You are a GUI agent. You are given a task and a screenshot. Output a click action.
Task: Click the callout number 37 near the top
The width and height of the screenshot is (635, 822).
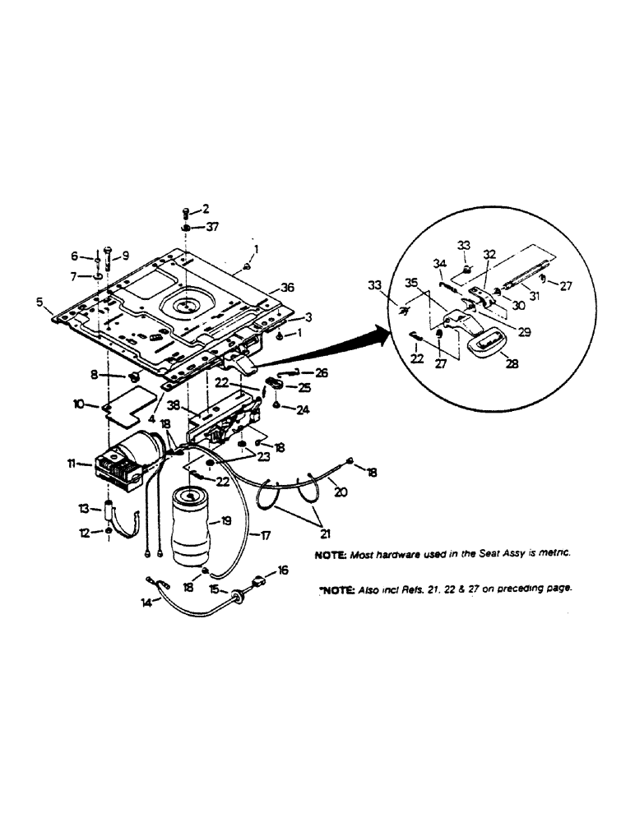click(x=212, y=227)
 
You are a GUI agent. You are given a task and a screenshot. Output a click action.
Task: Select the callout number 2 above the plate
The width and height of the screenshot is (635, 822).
click(x=206, y=209)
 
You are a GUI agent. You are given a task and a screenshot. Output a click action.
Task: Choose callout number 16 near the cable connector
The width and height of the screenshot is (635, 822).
click(x=283, y=569)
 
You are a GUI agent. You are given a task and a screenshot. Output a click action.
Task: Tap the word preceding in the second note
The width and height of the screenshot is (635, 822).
click(x=520, y=589)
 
